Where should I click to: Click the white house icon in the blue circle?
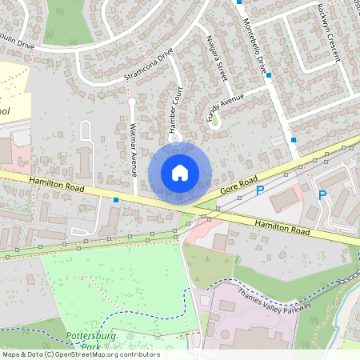180,172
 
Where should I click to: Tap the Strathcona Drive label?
149,66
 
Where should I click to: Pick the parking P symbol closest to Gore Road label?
259,190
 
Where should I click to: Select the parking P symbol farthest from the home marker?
322,194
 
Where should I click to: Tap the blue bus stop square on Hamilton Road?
117,199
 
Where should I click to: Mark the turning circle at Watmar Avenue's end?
131,102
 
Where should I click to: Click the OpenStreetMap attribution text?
80,354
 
